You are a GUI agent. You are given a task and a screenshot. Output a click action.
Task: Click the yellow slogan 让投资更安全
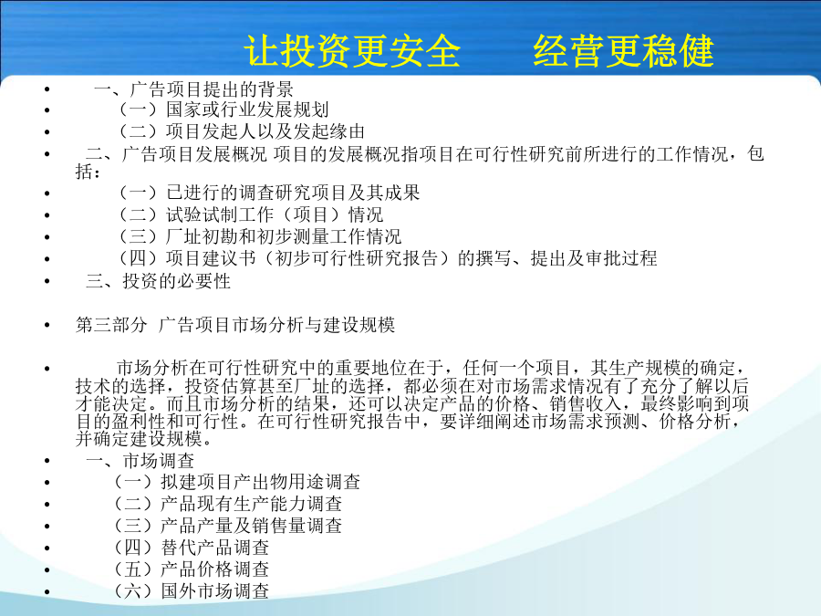352,51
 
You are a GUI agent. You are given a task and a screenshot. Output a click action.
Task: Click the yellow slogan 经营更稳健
624,51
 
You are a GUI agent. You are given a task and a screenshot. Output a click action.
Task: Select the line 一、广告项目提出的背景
193,89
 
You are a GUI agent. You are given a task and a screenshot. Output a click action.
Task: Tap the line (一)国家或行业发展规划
224,110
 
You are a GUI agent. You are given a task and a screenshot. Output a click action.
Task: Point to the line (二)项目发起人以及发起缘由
242,131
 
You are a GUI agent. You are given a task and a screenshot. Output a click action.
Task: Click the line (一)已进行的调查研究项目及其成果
270,193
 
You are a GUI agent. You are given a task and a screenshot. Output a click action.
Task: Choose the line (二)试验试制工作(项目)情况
252,214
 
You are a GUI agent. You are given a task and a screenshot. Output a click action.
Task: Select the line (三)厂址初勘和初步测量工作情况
260,236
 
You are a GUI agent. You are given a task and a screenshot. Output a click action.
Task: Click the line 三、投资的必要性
158,281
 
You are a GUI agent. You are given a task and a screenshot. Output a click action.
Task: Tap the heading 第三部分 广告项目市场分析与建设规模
235,325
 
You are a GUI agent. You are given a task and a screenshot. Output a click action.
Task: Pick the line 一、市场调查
140,461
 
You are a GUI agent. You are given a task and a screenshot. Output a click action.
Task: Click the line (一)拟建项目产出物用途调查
237,482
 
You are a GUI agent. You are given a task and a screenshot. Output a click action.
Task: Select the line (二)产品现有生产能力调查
228,504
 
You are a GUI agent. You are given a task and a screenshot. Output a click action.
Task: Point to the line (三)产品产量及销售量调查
228,526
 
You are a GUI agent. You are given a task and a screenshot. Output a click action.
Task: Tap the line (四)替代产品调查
192,548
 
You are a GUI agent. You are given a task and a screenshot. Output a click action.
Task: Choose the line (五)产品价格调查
192,569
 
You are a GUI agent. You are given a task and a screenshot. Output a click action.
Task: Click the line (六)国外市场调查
192,591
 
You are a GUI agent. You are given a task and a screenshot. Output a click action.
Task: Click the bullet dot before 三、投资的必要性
47,281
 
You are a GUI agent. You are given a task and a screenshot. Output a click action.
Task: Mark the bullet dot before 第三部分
47,325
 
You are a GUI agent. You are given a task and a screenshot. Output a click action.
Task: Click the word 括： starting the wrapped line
88,172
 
